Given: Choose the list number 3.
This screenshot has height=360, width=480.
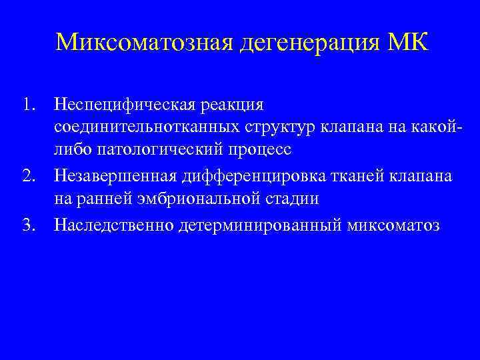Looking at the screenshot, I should coord(27,225).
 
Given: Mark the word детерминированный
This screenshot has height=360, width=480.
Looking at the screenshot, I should coord(261,225).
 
